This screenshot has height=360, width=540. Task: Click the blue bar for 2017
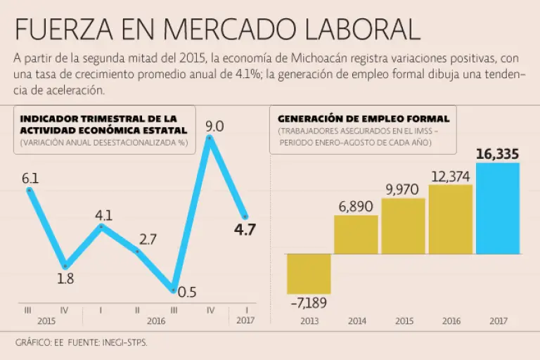coord(497,208)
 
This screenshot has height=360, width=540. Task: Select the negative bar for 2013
coord(309,274)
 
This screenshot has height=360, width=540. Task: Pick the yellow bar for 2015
coord(403,226)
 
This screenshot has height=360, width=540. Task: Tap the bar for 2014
coord(356,234)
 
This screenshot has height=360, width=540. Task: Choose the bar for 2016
coord(450,219)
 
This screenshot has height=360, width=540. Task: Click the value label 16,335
coord(497,154)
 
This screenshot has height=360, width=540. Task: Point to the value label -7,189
coord(309,303)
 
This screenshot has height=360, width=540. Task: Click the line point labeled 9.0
coord(210,139)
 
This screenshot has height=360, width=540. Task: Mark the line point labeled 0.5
coord(173,289)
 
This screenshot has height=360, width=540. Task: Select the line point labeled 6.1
coord(29,189)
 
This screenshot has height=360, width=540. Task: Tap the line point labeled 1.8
coord(65,266)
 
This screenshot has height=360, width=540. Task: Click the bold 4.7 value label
coord(245,229)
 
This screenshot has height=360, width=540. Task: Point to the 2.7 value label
coord(148,239)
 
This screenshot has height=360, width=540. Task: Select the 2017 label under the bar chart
coord(497,321)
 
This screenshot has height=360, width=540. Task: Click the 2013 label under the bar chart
coord(309,321)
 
